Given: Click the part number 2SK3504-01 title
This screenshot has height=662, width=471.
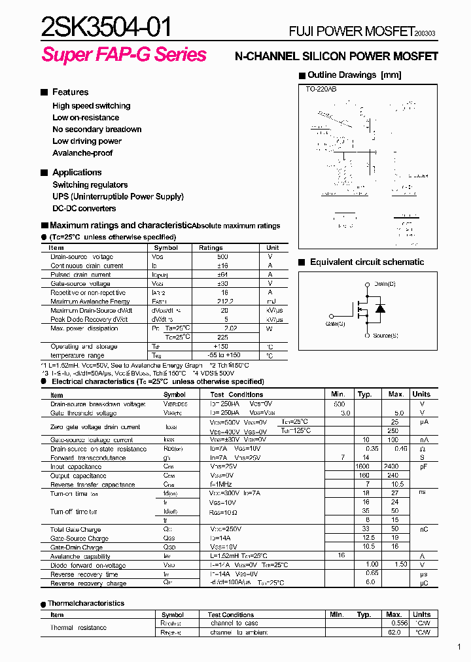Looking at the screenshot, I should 107,27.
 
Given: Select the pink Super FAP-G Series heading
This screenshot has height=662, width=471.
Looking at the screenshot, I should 124,55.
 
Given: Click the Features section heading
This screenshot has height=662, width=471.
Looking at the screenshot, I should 70,92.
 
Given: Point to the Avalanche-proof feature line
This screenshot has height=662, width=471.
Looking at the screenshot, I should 82,153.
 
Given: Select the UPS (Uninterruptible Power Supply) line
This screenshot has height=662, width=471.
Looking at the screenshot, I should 118,196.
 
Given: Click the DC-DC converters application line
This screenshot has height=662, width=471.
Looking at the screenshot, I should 84,208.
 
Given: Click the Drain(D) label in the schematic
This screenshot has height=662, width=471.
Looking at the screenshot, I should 385,284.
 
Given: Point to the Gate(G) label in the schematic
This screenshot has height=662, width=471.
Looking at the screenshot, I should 335,323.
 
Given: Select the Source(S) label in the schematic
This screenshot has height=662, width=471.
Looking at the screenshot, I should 385,336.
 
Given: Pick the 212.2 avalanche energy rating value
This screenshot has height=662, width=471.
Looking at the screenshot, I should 224,302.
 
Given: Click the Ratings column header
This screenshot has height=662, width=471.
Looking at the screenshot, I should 211,248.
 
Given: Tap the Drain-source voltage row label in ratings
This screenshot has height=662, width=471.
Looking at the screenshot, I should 82,257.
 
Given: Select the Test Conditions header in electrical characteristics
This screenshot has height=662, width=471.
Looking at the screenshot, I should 236,394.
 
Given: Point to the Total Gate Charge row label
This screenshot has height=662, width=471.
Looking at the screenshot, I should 76,529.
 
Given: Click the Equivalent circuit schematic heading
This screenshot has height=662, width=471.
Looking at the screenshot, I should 366,262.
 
